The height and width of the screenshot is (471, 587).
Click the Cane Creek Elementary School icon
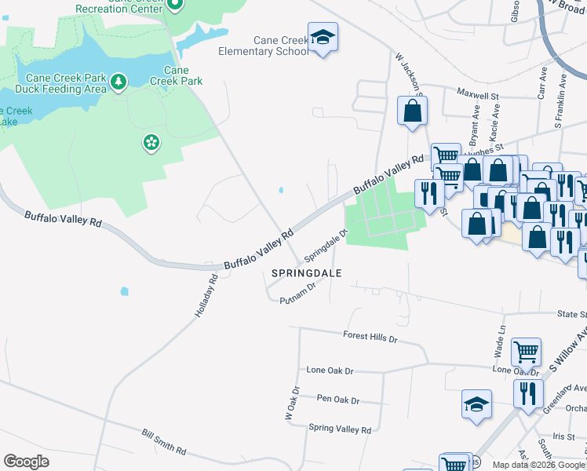(323, 38)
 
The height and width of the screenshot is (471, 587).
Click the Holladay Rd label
(206, 295)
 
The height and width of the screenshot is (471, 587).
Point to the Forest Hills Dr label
(370, 336)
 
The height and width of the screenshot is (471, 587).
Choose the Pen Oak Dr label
(337, 400)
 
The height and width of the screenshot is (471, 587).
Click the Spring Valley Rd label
(340, 429)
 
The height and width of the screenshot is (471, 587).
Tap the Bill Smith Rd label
(164, 441)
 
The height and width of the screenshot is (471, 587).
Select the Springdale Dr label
(326, 245)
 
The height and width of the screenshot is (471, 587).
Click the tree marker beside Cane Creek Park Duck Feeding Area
(118, 81)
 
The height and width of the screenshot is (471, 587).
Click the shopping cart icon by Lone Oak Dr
(526, 352)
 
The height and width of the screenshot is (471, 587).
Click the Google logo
(26, 462)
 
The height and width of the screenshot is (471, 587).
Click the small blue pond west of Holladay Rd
(125, 291)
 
